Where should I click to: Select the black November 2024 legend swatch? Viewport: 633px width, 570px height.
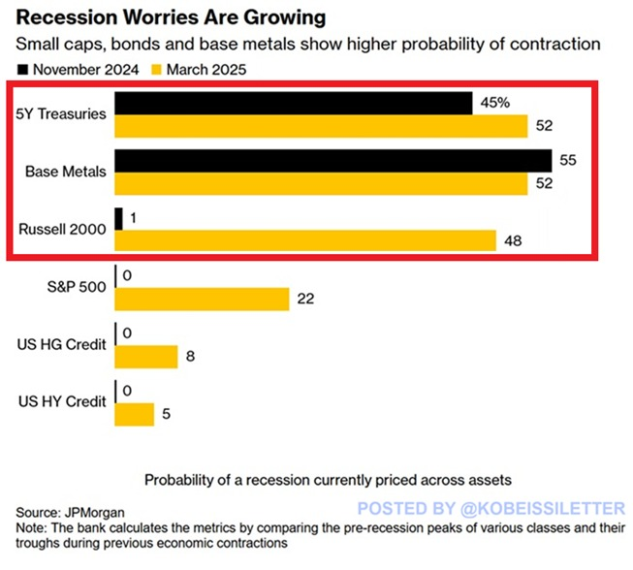click(22, 69)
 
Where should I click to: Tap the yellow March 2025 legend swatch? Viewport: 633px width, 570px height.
click(158, 69)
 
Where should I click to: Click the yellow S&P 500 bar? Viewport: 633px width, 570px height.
click(202, 299)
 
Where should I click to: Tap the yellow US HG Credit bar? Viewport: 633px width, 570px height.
click(145, 356)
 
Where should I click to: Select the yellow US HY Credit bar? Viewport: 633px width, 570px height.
click(134, 414)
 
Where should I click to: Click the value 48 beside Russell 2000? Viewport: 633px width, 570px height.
click(513, 241)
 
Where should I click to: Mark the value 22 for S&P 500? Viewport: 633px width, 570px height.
click(306, 299)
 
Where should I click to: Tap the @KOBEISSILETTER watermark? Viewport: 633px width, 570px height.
click(491, 507)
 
